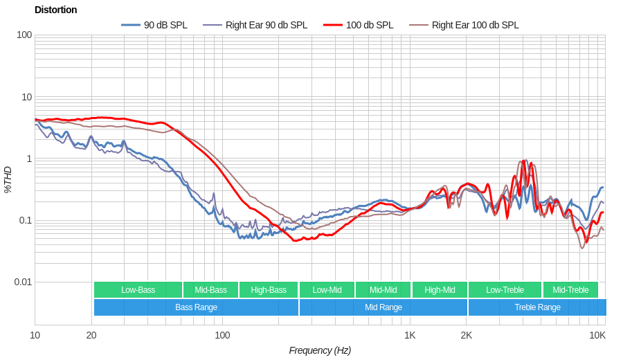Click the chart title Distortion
coord(55,10)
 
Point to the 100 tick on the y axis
coord(24,35)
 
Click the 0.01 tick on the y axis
coord(23,282)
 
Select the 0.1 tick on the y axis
coord(24,220)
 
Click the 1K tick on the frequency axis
coord(410,335)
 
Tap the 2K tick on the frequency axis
coord(467,335)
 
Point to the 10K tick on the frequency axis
coord(597,335)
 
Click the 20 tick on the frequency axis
coord(91,335)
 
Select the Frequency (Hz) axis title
coord(320,350)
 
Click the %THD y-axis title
coord(8,179)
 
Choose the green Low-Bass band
coord(138,289)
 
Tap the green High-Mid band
coord(440,289)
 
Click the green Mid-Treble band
coord(570,289)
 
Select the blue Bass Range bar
coord(196,307)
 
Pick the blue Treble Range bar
coord(537,307)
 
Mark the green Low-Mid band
coord(327,289)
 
